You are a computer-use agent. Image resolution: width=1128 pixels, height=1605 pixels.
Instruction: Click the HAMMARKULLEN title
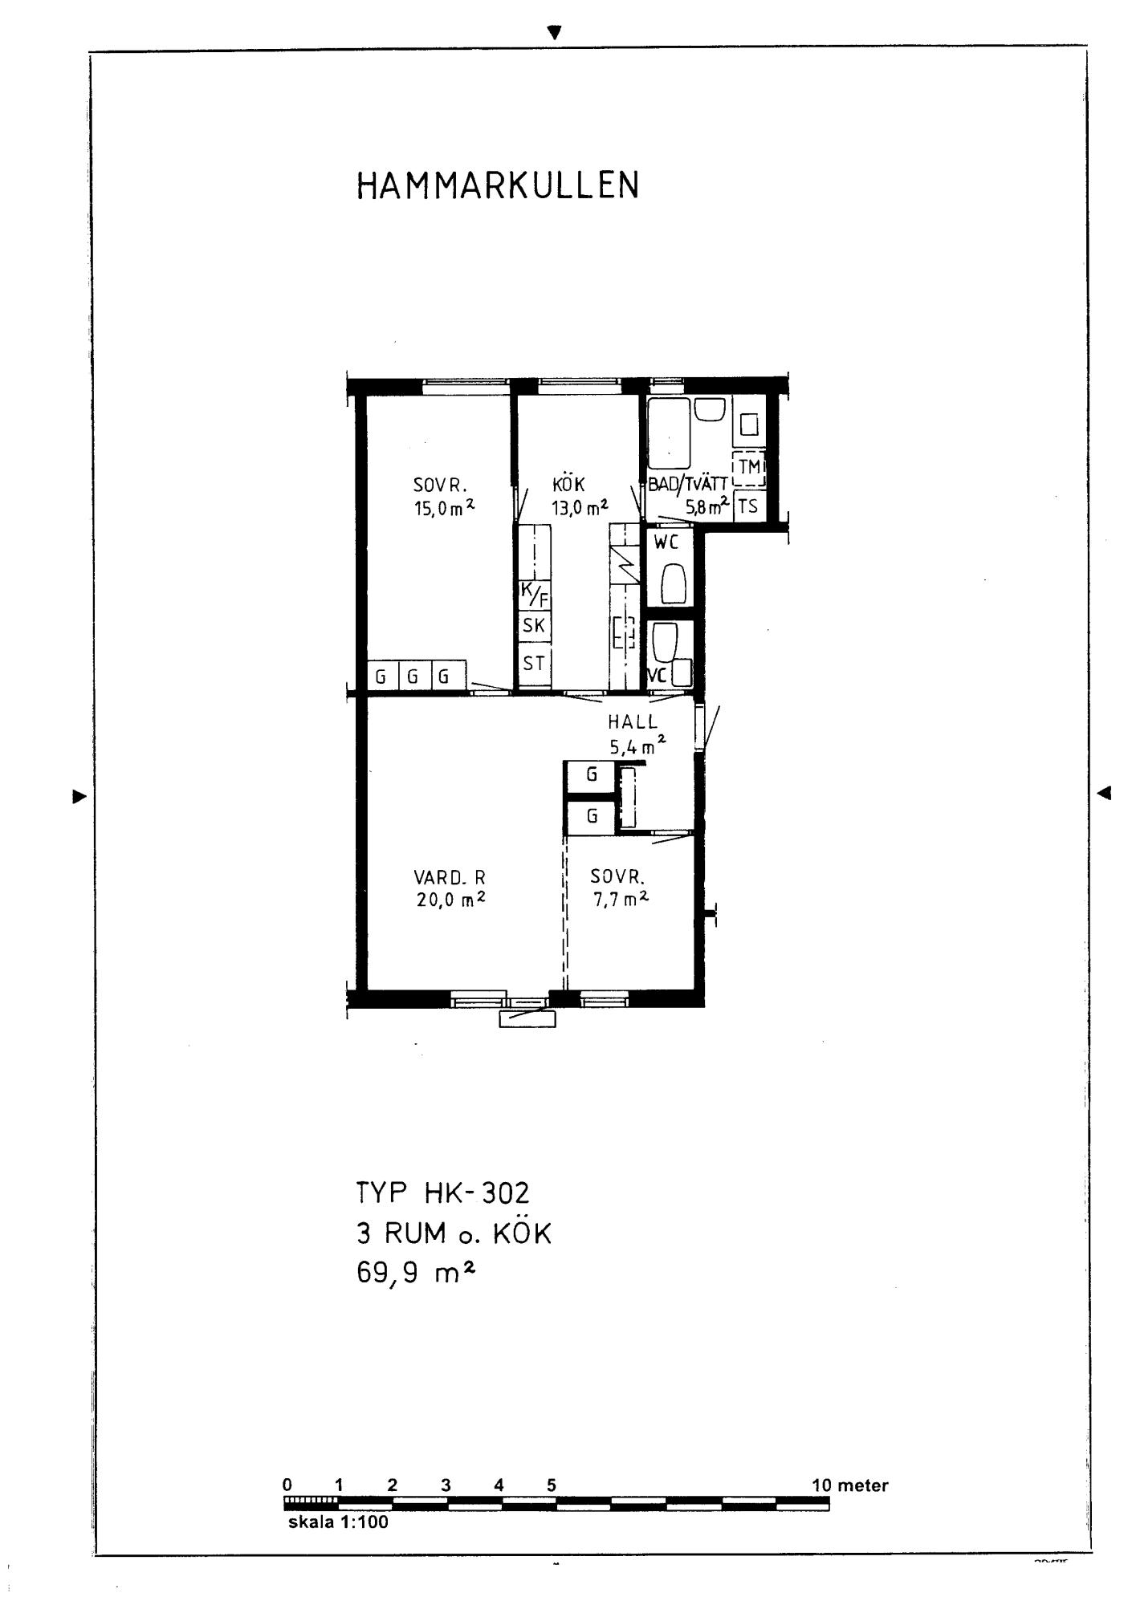pos(498,185)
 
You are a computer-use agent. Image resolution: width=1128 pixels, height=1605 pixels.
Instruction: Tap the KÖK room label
pos(568,483)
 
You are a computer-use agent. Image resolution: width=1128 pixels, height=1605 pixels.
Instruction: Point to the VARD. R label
pos(450,878)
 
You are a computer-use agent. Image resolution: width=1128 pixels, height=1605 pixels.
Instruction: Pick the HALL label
pos(633,722)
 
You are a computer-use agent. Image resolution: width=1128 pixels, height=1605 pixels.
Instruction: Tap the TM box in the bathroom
pos(749,468)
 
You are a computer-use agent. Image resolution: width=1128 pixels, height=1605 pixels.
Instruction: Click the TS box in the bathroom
pos(747,506)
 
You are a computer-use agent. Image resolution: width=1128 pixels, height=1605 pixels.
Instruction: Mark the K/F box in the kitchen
pos(535,595)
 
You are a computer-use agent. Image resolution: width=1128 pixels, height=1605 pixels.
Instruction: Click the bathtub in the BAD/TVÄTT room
pos(670,433)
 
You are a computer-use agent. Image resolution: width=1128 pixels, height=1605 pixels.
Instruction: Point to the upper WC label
pos(666,542)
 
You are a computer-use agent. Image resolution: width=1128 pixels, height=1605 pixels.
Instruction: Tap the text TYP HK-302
pos(442,1193)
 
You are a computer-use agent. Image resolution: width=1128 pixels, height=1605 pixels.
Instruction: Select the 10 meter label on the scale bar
pos(850,1485)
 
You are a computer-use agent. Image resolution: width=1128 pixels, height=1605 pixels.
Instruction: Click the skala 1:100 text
pos(338,1522)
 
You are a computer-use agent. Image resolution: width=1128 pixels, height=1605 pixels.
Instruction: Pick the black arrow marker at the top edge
pos(554,32)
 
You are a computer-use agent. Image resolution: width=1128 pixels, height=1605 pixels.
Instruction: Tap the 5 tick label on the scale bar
pos(552,1485)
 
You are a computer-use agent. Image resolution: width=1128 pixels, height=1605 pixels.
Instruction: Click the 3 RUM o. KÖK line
pos(454,1233)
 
